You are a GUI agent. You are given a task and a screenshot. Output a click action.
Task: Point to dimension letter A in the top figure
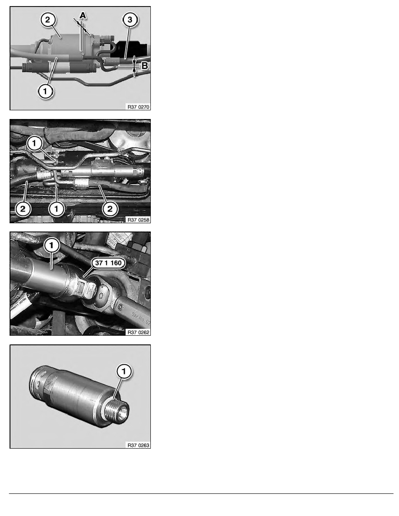tap(83, 15)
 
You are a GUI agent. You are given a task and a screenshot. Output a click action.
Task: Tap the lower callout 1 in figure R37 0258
tap(56, 209)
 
